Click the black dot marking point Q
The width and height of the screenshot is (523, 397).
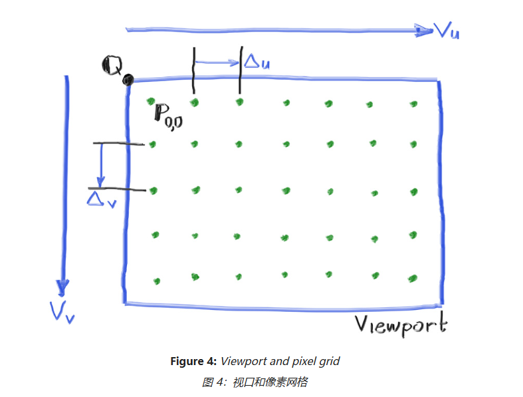pos(128,80)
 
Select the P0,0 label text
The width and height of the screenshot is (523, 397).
pos(167,115)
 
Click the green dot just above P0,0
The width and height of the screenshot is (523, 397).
pos(152,101)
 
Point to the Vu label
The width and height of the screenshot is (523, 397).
pos(445,30)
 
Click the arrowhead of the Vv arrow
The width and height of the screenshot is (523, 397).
pos(62,288)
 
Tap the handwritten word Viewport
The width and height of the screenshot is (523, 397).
pos(400,325)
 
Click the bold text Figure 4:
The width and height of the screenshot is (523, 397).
pos(193,361)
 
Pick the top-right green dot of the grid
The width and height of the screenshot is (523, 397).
pos(413,103)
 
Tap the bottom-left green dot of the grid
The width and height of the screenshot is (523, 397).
pos(157,281)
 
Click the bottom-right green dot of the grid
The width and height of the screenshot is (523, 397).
pos(413,278)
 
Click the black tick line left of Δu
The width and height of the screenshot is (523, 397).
pos(194,70)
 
